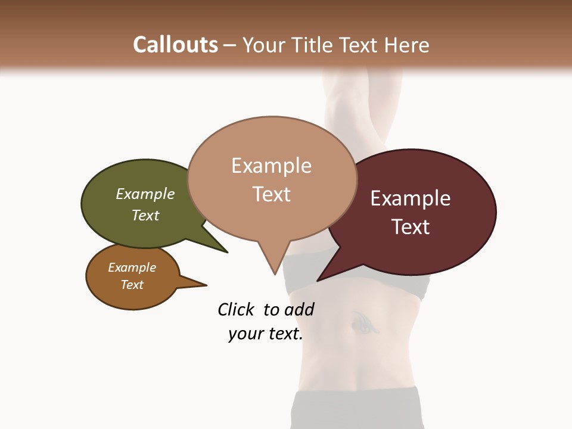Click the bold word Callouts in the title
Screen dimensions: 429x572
tap(175, 45)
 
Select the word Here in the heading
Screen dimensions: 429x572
tap(408, 45)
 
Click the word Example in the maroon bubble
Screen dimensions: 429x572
tap(411, 198)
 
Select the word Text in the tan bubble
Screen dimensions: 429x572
tap(272, 194)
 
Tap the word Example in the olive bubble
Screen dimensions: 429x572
tap(145, 194)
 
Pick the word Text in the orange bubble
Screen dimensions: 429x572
tap(132, 285)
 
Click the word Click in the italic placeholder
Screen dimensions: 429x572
tap(235, 309)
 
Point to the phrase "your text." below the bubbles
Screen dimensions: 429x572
tap(266, 334)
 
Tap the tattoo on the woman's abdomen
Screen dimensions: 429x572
tap(362, 323)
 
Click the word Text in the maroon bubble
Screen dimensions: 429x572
tap(411, 227)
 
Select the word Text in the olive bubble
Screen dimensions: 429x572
tap(145, 215)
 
